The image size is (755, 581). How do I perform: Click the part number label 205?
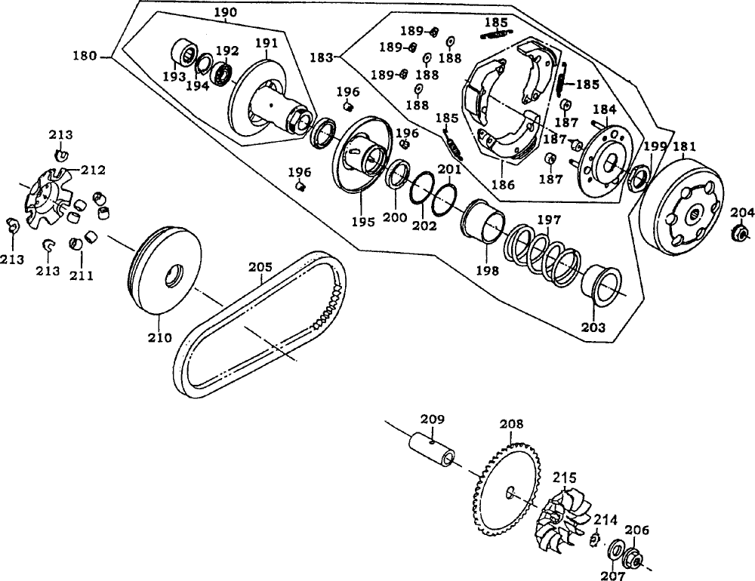point(260,266)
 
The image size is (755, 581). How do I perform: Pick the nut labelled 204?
point(741,233)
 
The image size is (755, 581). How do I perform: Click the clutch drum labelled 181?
point(681,207)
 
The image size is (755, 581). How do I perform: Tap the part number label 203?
point(593,327)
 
